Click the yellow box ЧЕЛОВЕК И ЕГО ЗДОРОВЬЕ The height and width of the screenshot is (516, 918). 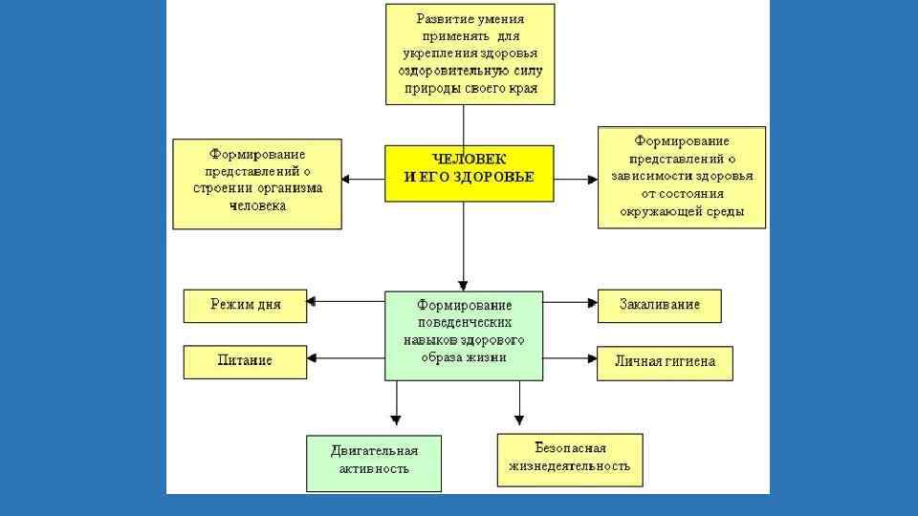pyautogui.click(x=469, y=173)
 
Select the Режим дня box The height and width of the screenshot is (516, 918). pyautogui.click(x=246, y=306)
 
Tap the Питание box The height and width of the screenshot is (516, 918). pyautogui.click(x=246, y=361)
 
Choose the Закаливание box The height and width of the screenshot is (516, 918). pyautogui.click(x=659, y=306)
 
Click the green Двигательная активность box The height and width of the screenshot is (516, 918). pyautogui.click(x=374, y=460)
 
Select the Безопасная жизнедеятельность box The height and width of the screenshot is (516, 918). pyautogui.click(x=569, y=458)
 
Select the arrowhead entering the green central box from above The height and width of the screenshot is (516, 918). pyautogui.click(x=464, y=285)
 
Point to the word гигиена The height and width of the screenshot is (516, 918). pyautogui.click(x=691, y=363)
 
